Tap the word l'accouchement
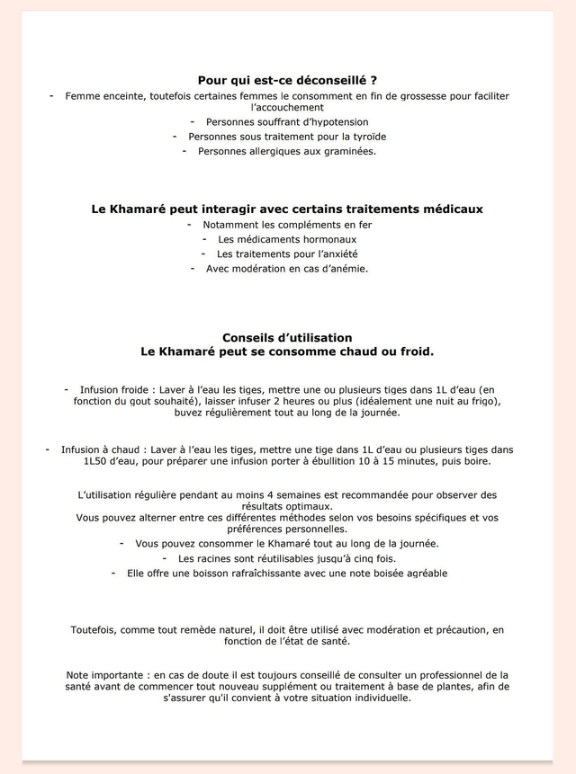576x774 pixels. click(x=287, y=107)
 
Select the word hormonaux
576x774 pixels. click(x=328, y=239)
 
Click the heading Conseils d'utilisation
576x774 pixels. click(x=287, y=337)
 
